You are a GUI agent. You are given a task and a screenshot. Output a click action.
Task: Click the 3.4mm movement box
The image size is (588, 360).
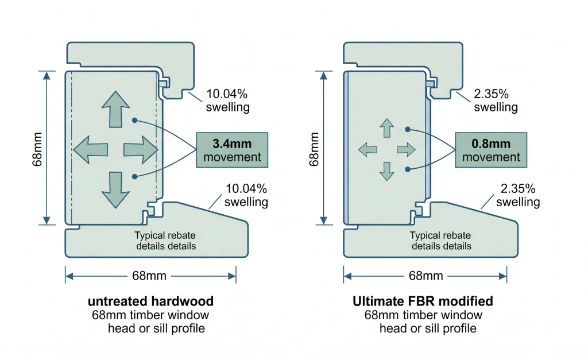(232, 150)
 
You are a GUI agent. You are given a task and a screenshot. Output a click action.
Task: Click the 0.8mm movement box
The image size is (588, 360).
(492, 150)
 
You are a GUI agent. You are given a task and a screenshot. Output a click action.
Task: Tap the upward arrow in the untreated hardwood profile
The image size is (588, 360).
(115, 109)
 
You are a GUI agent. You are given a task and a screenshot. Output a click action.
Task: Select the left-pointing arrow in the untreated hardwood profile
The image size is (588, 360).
(90, 150)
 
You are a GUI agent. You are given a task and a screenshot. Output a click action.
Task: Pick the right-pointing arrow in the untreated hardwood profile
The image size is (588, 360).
(141, 150)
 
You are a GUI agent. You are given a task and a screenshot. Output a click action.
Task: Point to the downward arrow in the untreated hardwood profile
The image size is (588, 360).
(115, 190)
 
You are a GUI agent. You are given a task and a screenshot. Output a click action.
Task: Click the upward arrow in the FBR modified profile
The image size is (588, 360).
(387, 128)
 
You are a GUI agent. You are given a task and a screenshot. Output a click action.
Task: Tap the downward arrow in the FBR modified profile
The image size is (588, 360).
(387, 171)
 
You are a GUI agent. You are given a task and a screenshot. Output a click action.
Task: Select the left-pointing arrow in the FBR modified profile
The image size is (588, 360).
(367, 150)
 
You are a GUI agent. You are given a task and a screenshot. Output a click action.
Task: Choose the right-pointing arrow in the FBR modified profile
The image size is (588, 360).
(406, 150)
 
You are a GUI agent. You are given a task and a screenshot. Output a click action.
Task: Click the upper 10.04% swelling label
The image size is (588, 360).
(227, 100)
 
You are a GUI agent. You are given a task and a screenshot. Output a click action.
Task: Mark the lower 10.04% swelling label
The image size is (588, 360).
(246, 195)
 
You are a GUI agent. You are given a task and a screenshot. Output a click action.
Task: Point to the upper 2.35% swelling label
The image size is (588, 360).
(496, 100)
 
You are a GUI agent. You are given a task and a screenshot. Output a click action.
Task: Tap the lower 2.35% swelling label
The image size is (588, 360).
(518, 195)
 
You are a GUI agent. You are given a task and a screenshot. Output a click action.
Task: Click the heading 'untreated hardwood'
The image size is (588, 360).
(150, 301)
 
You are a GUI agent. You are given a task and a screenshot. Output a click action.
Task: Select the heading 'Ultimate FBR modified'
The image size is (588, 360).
(423, 301)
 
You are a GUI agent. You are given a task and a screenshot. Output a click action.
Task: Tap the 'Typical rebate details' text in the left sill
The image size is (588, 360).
(165, 241)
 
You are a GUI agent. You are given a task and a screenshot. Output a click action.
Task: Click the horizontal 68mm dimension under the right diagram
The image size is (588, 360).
(425, 276)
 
